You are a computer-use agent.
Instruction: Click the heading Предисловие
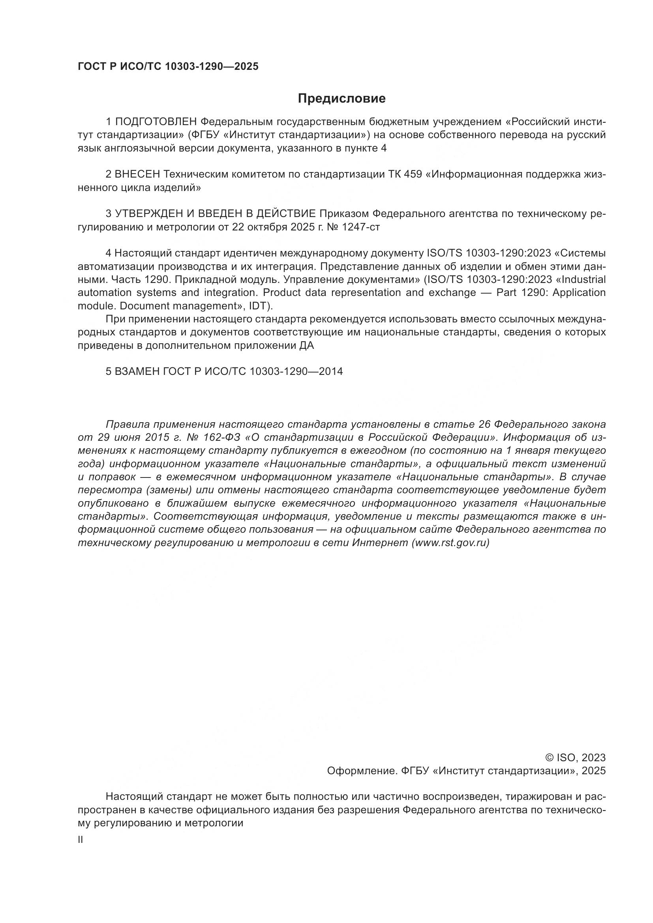coord(342,99)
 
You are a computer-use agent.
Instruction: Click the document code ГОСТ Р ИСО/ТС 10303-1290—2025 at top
coord(168,67)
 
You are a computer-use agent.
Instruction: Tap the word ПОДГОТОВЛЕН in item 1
coord(156,122)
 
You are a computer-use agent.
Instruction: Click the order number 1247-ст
coord(361,227)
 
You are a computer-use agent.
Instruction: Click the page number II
coord(81,840)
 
